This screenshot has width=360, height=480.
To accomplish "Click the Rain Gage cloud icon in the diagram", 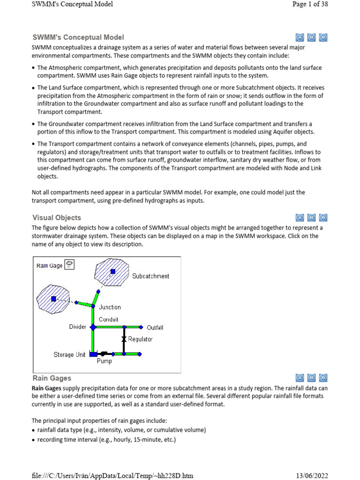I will point(69,265).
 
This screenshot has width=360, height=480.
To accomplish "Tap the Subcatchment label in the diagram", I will point(150,276).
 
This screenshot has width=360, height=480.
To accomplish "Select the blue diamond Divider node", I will point(93,327).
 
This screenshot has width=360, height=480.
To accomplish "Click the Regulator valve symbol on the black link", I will point(124,338).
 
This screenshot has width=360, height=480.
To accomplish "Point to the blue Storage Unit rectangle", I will point(93,354).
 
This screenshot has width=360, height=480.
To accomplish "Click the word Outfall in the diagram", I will point(155,328).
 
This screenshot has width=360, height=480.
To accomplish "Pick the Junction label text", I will point(110,307).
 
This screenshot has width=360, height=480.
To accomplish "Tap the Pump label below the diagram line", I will point(104,361).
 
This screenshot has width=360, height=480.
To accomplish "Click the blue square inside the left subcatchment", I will point(54,299).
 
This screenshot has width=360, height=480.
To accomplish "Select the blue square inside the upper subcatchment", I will point(112,271).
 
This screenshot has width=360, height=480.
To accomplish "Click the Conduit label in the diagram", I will point(108,319).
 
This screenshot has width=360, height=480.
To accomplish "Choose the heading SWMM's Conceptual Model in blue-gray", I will point(78,37).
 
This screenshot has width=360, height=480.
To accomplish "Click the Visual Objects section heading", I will point(57,217).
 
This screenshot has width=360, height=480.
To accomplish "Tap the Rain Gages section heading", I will point(52,378).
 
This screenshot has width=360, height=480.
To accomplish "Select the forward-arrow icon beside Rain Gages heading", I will point(323,378).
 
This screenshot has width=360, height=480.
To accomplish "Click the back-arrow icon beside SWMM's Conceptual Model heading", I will point(312,37).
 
